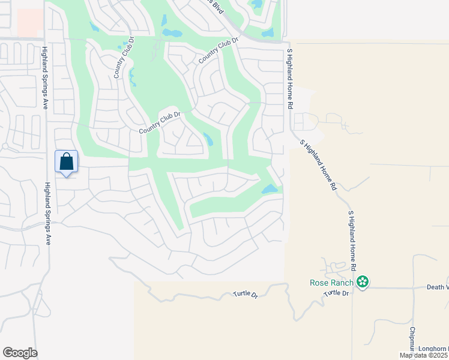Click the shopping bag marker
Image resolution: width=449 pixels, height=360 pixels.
point(66,162)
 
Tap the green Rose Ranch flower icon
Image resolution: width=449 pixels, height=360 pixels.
point(362,281)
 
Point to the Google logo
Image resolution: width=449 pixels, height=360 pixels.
point(20,353)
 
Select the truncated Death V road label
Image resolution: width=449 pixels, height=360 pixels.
point(438,287)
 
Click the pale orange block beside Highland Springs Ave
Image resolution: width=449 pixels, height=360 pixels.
point(29,23)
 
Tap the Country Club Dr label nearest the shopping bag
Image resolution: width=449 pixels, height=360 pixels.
point(160,122)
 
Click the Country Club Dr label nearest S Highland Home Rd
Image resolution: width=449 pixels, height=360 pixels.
point(219,50)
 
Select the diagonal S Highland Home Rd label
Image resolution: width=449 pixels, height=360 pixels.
point(318,165)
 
